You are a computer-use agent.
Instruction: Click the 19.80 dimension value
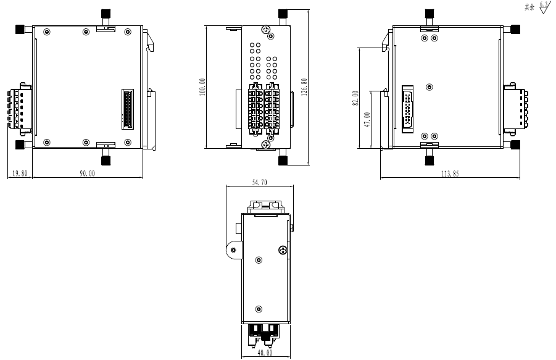(19, 174)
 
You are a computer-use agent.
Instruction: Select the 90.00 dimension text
(87, 174)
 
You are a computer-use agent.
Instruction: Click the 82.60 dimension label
(355, 98)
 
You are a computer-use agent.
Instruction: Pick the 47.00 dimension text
(367, 119)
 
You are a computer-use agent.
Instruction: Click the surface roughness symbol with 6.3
(543, 8)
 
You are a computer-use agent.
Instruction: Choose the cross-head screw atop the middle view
(265, 30)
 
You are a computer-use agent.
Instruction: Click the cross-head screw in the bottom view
(283, 249)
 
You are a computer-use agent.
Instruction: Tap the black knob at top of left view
(106, 14)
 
